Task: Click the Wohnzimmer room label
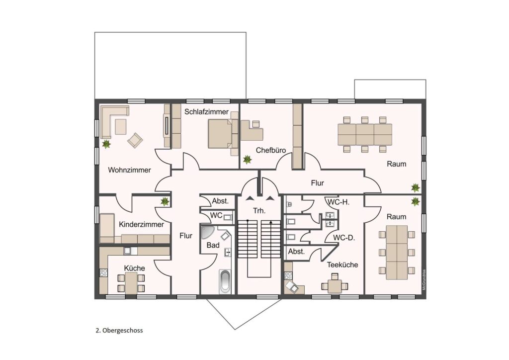129,170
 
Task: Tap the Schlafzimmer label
206,112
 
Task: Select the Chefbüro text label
271,150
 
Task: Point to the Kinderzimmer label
141,224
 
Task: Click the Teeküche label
342,265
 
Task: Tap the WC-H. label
338,202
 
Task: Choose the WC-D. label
344,238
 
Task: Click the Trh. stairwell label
259,211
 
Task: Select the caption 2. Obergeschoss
119,331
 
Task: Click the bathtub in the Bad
225,282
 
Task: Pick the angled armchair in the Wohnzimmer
135,140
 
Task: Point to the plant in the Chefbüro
248,160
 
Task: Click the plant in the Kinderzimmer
165,201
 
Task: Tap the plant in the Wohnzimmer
106,144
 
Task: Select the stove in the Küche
103,272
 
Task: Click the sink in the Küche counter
127,251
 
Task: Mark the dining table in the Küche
131,283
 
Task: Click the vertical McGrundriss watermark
424,280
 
